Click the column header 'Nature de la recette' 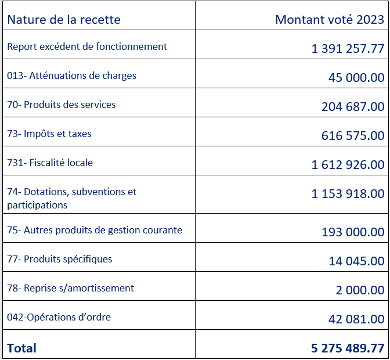pyautogui.click(x=64, y=20)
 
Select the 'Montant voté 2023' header pyautogui.click(x=330, y=20)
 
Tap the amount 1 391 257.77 pyautogui.click(x=348, y=48)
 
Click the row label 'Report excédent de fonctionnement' pyautogui.click(x=87, y=46)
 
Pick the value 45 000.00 pyautogui.click(x=356, y=77)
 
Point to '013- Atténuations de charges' pyautogui.click(x=71, y=75)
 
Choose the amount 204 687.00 pyautogui.click(x=353, y=106)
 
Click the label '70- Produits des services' pyautogui.click(x=62, y=105)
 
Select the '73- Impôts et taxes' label pyautogui.click(x=49, y=134)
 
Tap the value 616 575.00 pyautogui.click(x=353, y=136)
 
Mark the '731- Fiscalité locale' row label pyautogui.click(x=50, y=163)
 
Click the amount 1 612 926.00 pyautogui.click(x=348, y=165)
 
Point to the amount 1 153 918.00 pyautogui.click(x=348, y=194)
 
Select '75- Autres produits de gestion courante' pyautogui.click(x=95, y=230)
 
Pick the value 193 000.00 pyautogui.click(x=353, y=232)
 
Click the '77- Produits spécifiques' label pyautogui.click(x=60, y=259)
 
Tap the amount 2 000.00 pyautogui.click(x=360, y=290)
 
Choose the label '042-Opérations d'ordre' pyautogui.click(x=59, y=317)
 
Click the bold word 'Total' pyautogui.click(x=22, y=348)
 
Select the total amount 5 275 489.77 pyautogui.click(x=348, y=348)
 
